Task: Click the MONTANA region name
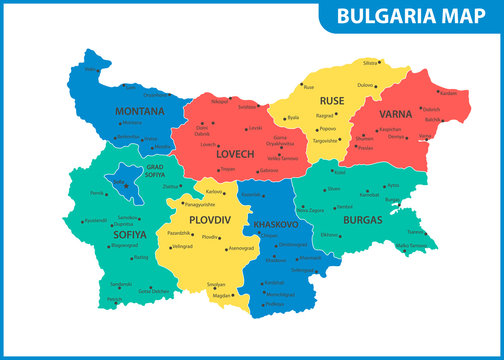coord(140,110)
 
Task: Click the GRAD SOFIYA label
coord(155,171)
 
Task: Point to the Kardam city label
coord(447,92)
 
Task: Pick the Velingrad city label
coord(181,245)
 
